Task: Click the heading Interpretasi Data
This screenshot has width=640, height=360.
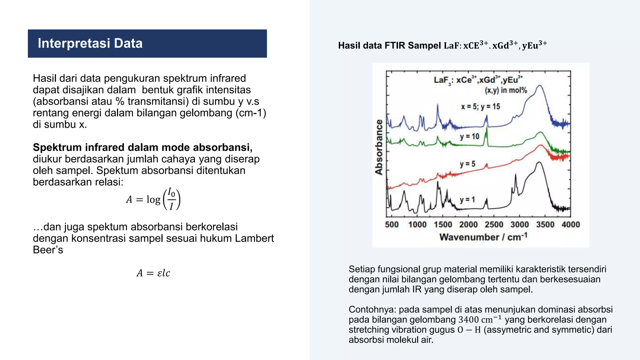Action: pos(90,43)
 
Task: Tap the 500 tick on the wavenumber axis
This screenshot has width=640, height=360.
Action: pos(392,224)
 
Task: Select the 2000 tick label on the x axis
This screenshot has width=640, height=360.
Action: pos(468,224)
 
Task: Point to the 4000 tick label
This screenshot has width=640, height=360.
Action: pos(571,224)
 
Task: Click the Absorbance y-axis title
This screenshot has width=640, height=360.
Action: pos(379,147)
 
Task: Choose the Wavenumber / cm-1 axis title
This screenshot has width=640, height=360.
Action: pos(483,237)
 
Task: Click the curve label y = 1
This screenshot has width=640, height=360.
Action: pos(467,199)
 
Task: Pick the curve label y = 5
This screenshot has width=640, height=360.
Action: pos(467,164)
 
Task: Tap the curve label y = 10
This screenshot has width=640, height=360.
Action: pos(469,136)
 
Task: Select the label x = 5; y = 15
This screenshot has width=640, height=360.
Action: pos(480,107)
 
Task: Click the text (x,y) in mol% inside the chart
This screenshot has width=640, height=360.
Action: pos(506,90)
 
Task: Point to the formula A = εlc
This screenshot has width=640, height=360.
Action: pos(153,273)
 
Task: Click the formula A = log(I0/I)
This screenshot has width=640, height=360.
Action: pos(153,199)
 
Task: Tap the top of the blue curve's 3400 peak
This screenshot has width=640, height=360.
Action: pos(539,85)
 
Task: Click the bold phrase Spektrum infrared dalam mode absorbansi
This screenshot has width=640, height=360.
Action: pos(142,147)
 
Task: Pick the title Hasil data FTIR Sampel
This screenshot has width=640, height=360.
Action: pos(389,46)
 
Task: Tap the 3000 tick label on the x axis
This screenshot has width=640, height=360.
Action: pos(519,224)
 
